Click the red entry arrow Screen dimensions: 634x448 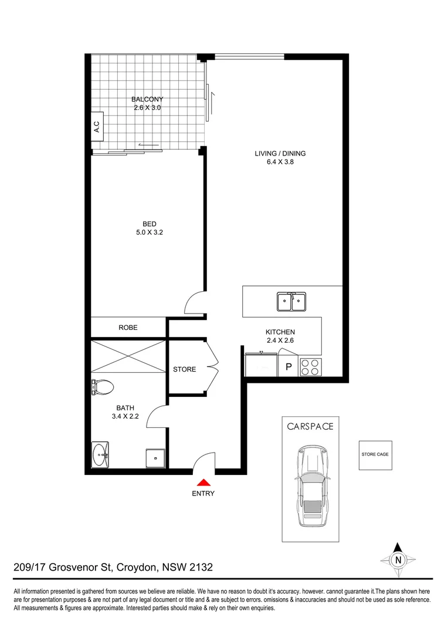coord(203,482)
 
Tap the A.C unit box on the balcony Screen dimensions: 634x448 coord(97,127)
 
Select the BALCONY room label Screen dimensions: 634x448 coord(147,99)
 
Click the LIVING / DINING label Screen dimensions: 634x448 coord(280,154)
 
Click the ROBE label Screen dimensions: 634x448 coord(128,328)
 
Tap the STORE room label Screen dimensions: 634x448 coord(184,369)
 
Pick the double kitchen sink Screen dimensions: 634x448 coord(291,302)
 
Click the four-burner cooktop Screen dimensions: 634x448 coord(310,367)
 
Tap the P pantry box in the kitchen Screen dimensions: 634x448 coord(288,367)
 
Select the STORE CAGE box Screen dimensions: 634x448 coord(375,454)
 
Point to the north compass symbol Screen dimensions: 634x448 coord(398,559)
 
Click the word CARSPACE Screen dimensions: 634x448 coord(310,426)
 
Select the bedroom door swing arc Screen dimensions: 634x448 coord(194,303)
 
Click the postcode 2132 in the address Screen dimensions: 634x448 coord(199,568)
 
